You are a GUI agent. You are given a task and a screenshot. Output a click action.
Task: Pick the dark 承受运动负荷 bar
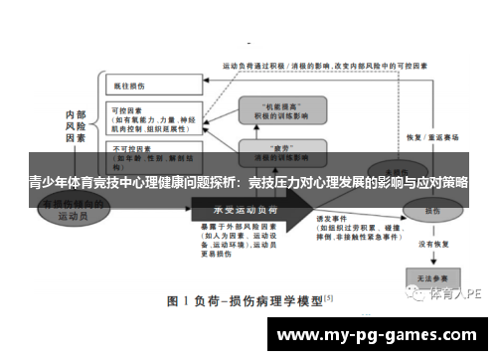click(x=248, y=211)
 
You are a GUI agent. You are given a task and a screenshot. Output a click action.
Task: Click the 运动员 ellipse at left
click(x=74, y=210)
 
